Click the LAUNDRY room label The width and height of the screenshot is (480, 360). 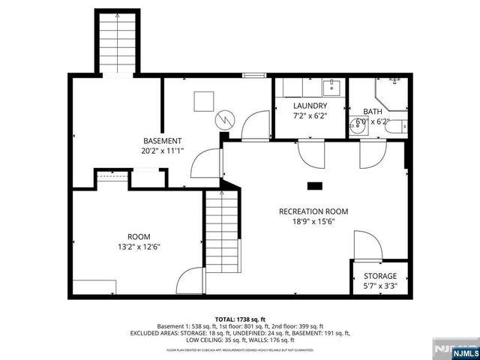[310, 106]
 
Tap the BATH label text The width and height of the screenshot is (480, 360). [372, 110]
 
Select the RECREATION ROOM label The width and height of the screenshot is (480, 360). [313, 211]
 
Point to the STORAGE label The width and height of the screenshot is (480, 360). [380, 276]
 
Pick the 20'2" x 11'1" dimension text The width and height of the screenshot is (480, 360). [162, 151]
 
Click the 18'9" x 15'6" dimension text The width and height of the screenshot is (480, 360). [313, 222]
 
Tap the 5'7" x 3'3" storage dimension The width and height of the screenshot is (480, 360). [380, 286]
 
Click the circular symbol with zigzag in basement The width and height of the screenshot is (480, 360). [225, 120]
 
